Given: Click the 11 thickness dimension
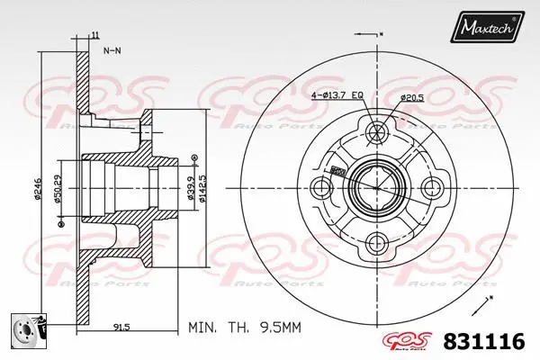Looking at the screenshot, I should coord(94,35).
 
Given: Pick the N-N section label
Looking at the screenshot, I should coord(112,51).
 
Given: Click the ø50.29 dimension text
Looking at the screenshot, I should coord(57,188).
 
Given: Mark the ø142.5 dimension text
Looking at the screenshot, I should coord(204,188).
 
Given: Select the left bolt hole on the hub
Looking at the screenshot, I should coord(321,188).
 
